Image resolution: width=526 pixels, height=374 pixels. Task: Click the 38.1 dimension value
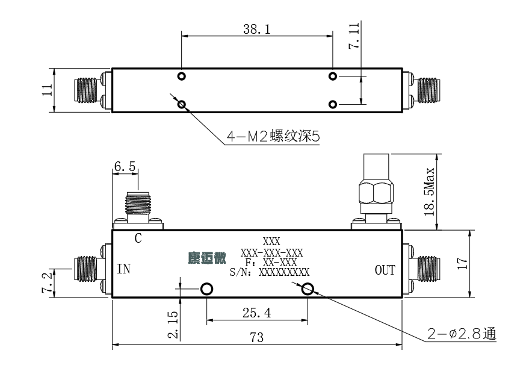pyautogui.click(x=256, y=29)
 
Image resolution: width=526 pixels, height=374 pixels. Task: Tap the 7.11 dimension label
pyautogui.click(x=354, y=36)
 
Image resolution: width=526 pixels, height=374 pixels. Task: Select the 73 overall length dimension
pyautogui.click(x=256, y=337)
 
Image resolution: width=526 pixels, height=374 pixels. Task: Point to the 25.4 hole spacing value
pyautogui.click(x=256, y=313)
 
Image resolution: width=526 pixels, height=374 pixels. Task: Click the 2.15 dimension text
pyautogui.click(x=173, y=324)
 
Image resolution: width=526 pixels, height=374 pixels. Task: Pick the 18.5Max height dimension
pyautogui.click(x=429, y=192)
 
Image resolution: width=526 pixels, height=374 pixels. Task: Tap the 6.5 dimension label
pyautogui.click(x=125, y=166)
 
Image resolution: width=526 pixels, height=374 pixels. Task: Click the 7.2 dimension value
pyautogui.click(x=48, y=282)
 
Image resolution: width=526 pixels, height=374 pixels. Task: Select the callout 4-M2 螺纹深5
pyautogui.click(x=273, y=136)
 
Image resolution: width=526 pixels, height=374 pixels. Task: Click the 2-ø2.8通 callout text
pyautogui.click(x=462, y=334)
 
